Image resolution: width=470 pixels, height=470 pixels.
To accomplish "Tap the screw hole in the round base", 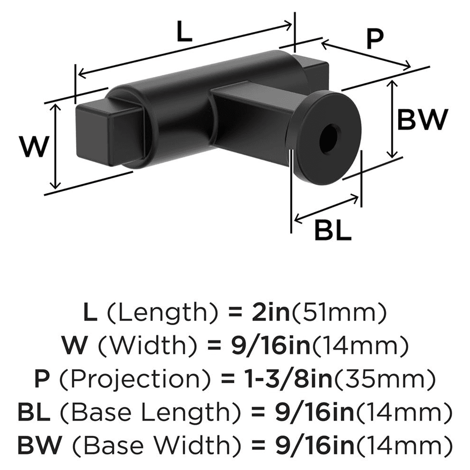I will point(329,138).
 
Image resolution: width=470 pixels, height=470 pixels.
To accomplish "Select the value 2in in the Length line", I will point(266,313).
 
